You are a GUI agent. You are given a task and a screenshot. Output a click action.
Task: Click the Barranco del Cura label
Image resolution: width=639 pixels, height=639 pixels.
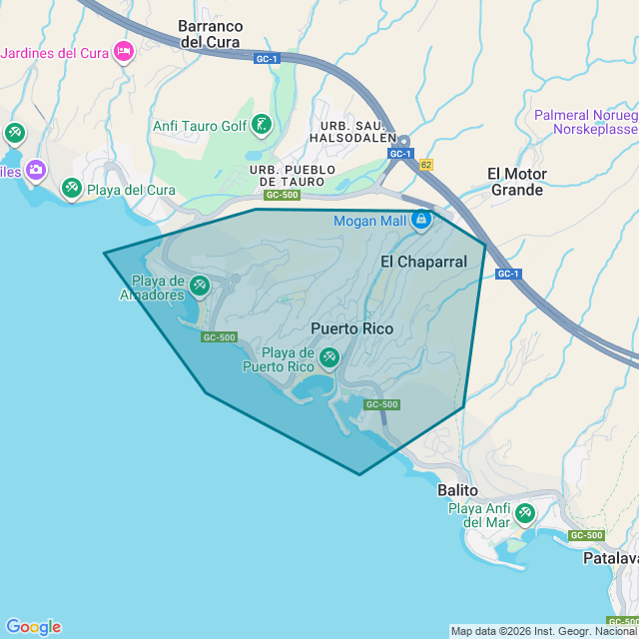click(210, 33)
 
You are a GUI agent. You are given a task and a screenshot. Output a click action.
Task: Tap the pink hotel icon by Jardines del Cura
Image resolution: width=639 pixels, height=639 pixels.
click(124, 51)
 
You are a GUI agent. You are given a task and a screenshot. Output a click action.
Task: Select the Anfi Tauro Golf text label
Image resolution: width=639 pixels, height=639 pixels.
click(199, 126)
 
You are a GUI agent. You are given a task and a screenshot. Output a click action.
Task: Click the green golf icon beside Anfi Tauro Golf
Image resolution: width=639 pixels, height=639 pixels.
click(261, 125)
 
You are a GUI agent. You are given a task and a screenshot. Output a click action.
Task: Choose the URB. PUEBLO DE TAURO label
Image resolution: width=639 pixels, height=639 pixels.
click(293, 176)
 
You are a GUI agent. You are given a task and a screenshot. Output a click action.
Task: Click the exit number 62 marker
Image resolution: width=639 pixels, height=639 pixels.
click(426, 165)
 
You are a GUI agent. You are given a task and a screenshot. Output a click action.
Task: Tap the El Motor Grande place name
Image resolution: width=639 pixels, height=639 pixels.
click(516, 182)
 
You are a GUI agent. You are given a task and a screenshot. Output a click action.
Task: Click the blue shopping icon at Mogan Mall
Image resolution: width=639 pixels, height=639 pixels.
click(421, 220)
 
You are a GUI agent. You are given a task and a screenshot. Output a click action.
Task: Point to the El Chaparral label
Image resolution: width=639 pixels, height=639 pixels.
click(423, 262)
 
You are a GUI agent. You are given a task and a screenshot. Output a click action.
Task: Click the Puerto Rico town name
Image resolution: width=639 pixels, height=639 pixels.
click(351, 328)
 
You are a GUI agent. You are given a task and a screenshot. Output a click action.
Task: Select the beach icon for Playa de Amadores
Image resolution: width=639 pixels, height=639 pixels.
click(199, 287)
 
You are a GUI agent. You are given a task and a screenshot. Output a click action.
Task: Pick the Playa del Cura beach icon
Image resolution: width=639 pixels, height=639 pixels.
click(71, 188)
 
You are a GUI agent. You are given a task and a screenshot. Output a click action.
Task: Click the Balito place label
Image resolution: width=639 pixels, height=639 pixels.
click(458, 491)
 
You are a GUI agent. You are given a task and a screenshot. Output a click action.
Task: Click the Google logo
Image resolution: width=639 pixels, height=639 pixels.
click(33, 627)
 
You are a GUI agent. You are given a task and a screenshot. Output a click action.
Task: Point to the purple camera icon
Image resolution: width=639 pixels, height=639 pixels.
click(35, 170)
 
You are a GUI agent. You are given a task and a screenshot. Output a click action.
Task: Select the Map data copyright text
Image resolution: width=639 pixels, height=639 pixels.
click(543, 631)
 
